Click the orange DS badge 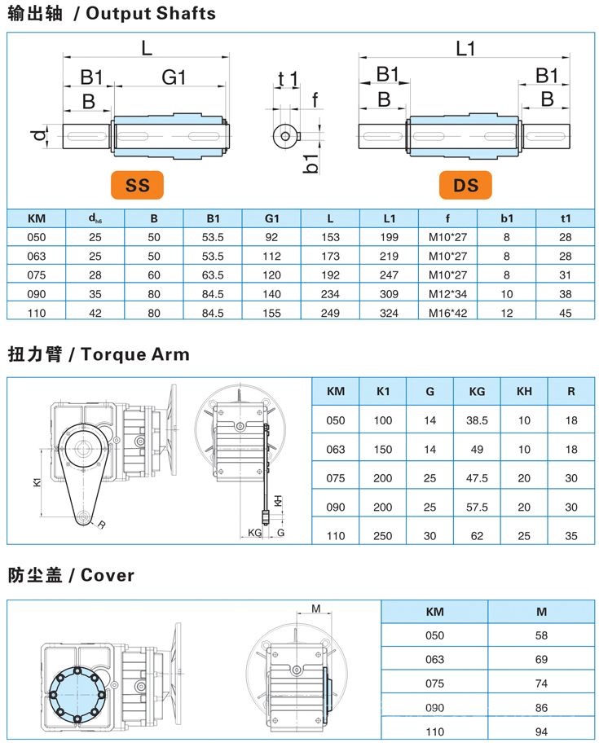pyautogui.click(x=465, y=186)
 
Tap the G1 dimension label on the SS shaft pyautogui.click(x=174, y=77)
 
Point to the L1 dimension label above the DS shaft pyautogui.click(x=465, y=49)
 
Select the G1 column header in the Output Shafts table pyautogui.click(x=271, y=218)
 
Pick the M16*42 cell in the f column pyautogui.click(x=447, y=312)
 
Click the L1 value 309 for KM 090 pyautogui.click(x=389, y=293)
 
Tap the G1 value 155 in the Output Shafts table pyautogui.click(x=271, y=312)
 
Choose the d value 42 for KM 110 pyautogui.click(x=95, y=312)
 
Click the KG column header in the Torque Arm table pyautogui.click(x=478, y=391)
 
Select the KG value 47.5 pyautogui.click(x=478, y=478)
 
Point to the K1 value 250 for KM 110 pyautogui.click(x=382, y=536)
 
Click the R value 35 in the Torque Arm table pyautogui.click(x=571, y=536)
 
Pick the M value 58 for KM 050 pyautogui.click(x=541, y=635)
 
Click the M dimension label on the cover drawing pyautogui.click(x=315, y=607)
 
